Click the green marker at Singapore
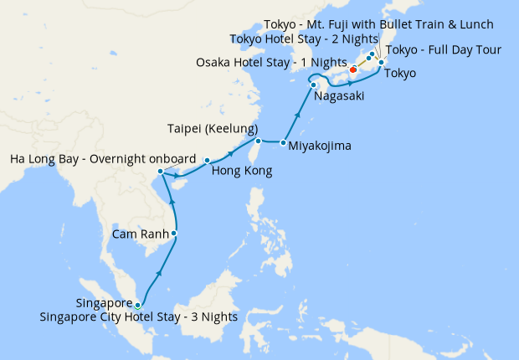point(138,306)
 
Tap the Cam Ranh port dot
point(174,233)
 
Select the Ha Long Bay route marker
point(161,172)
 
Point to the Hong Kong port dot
point(207,160)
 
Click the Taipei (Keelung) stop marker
point(259,141)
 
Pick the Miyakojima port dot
point(283,142)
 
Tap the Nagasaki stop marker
point(313,85)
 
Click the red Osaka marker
point(353,70)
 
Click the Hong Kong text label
point(242,172)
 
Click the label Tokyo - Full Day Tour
point(443,50)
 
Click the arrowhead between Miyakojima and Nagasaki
point(298,112)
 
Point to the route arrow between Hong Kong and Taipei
point(231,152)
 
